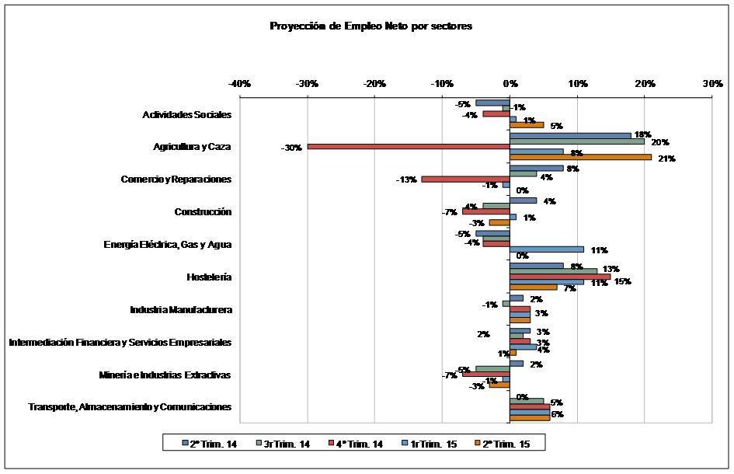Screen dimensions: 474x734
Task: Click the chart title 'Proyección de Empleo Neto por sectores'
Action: tap(370, 26)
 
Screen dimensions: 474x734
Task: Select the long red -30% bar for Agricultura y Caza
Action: tap(409, 146)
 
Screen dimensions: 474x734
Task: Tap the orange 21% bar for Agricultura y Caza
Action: tap(580, 158)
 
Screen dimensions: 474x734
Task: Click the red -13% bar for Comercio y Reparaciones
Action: tap(465, 179)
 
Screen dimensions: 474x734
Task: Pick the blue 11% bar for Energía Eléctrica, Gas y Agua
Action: tap(547, 249)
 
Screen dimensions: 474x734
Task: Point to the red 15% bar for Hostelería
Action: tap(560, 277)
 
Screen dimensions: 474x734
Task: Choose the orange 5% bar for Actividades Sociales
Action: tap(527, 125)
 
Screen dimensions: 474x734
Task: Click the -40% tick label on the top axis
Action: tap(239, 83)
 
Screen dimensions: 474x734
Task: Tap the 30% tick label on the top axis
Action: tap(711, 83)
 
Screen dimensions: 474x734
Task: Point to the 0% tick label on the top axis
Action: tap(510, 83)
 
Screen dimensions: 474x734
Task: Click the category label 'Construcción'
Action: tap(203, 212)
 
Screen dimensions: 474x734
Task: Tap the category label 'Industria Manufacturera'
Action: tap(181, 310)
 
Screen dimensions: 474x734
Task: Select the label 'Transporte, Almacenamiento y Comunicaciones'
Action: tap(130, 407)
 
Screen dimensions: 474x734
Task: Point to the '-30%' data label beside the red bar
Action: tap(291, 147)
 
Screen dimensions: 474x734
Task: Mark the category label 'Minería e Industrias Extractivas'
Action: tap(165, 375)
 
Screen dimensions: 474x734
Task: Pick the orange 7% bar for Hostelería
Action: tap(533, 287)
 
